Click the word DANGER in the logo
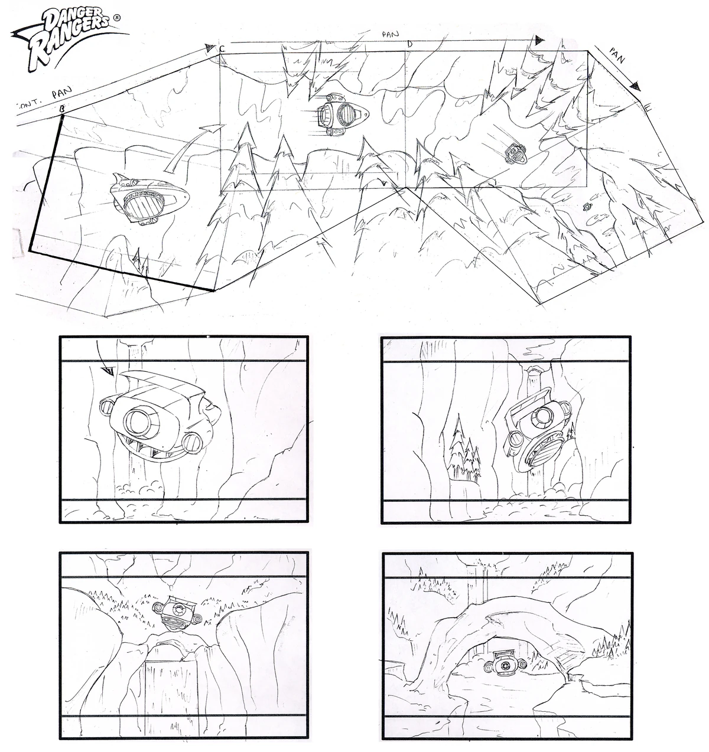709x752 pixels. tap(65, 23)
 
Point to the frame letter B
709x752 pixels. tap(62, 109)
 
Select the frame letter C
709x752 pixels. tap(222, 49)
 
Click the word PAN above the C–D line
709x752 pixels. tap(391, 35)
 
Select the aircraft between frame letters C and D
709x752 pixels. tap(341, 115)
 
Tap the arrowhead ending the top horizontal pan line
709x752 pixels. tap(538, 41)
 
